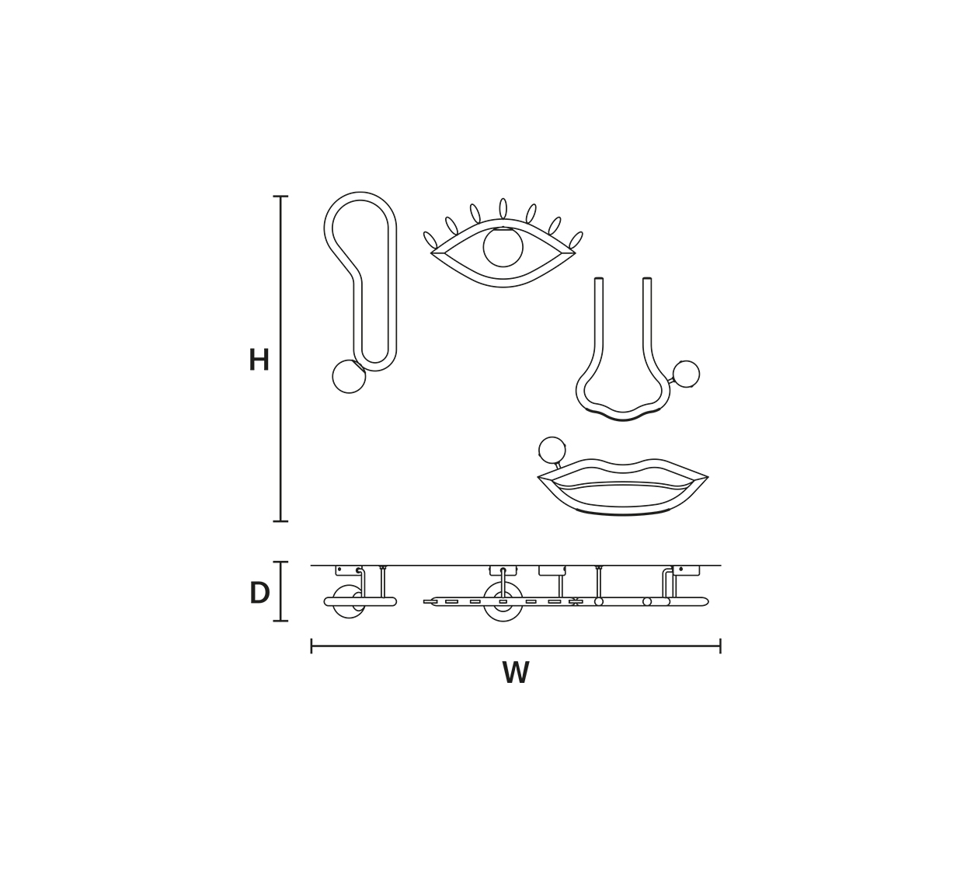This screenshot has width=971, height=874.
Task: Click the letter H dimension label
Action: point(259,360)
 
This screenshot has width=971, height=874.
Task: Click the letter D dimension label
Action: point(259,593)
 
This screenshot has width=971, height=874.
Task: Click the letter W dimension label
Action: point(516,672)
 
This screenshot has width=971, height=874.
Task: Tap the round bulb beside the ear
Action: point(349,376)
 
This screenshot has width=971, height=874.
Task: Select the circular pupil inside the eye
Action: point(503,246)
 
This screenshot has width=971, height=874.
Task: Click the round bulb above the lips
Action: point(552,451)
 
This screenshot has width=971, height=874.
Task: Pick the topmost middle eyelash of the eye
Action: point(503,209)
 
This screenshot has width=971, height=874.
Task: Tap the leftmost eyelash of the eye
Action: point(430,240)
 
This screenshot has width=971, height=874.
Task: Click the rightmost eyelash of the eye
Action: point(576,240)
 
